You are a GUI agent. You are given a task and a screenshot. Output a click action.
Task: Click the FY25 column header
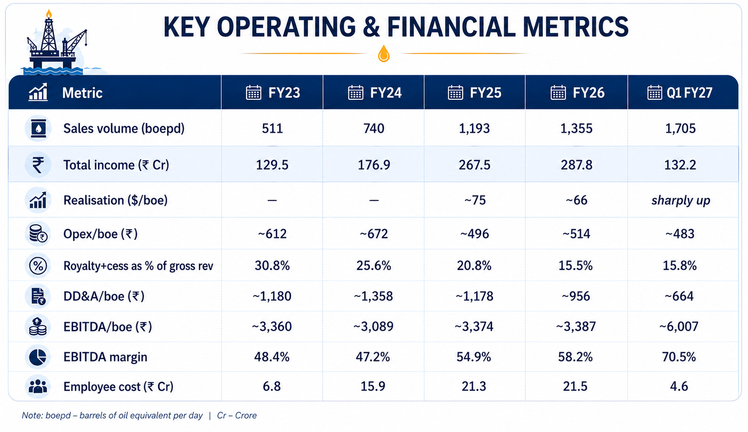474,92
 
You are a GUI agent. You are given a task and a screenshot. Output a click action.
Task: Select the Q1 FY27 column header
680,92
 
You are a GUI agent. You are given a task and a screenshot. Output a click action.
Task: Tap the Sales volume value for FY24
374,128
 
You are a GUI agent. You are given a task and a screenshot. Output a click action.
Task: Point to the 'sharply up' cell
680,200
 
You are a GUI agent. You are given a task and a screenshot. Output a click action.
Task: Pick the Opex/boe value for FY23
272,233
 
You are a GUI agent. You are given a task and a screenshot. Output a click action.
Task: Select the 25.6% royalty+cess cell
374,266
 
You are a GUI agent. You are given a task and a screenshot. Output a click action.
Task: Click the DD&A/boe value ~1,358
373,296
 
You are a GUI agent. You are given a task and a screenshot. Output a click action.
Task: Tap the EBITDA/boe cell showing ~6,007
679,326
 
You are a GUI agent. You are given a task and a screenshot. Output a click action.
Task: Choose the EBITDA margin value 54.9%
474,357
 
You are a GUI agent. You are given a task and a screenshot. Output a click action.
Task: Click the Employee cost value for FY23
272,386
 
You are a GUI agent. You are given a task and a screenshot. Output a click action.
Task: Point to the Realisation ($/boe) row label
116,200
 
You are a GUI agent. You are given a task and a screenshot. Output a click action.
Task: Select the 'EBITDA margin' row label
105,357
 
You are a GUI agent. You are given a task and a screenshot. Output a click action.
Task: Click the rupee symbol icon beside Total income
38,165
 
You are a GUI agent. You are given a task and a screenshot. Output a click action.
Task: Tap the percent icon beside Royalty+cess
38,266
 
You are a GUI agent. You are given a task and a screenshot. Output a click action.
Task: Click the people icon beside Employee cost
38,386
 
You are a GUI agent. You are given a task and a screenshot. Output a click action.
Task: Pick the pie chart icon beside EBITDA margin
38,357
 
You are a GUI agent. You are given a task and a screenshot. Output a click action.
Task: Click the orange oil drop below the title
384,53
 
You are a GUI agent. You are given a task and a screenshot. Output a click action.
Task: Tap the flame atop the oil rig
49,13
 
